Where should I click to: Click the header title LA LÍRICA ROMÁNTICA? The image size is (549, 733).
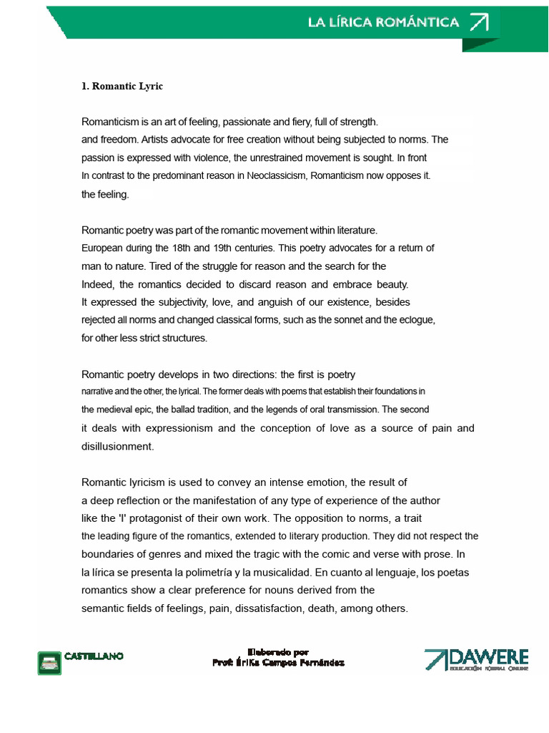[x=383, y=22]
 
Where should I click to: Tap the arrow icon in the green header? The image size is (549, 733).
[x=479, y=22]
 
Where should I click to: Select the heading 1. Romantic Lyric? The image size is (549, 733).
[x=122, y=86]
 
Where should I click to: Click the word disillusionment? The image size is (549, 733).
[x=117, y=446]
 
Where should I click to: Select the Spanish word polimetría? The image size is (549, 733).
[x=197, y=573]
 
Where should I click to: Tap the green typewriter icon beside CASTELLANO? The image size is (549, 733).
[x=49, y=661]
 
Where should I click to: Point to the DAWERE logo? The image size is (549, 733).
[x=476, y=660]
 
